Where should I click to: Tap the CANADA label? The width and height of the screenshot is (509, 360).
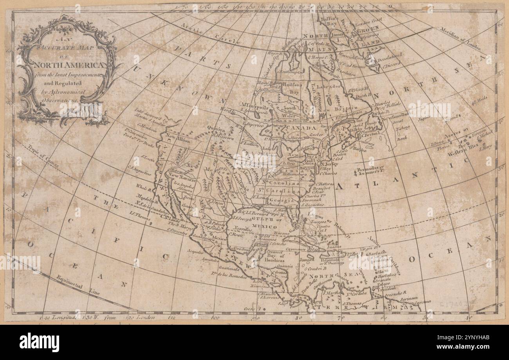point(303,128)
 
